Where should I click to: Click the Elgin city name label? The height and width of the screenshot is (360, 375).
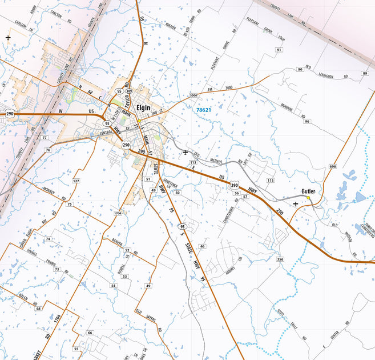tap(144, 106)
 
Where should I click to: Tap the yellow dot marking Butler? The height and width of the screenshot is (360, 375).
tap(309, 198)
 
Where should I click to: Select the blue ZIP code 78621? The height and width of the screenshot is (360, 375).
tap(204, 110)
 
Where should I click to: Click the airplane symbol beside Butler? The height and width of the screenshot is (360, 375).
tap(295, 203)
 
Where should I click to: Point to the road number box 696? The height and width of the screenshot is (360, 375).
tap(333, 167)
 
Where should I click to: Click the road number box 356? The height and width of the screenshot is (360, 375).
tap(280, 259)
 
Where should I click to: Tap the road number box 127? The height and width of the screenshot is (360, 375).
tap(76, 181)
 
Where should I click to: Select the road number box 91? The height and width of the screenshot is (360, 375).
tap(279, 50)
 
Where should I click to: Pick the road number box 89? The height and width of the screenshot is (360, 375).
tap(365, 74)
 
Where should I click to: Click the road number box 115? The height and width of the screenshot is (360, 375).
tap(271, 181)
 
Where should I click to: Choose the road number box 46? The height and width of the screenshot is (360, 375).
tap(202, 246)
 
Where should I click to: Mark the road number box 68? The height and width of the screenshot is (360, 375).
tap(39, 308)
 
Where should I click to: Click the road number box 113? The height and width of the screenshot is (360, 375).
tap(193, 163)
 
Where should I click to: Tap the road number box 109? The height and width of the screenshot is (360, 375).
tap(129, 91)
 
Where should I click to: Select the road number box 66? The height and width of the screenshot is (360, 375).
tap(90, 333)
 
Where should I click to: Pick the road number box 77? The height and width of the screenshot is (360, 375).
tap(45, 138)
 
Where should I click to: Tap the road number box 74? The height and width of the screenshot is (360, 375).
tap(49, 238)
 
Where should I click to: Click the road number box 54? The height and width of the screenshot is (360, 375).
tap(114, 285)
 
